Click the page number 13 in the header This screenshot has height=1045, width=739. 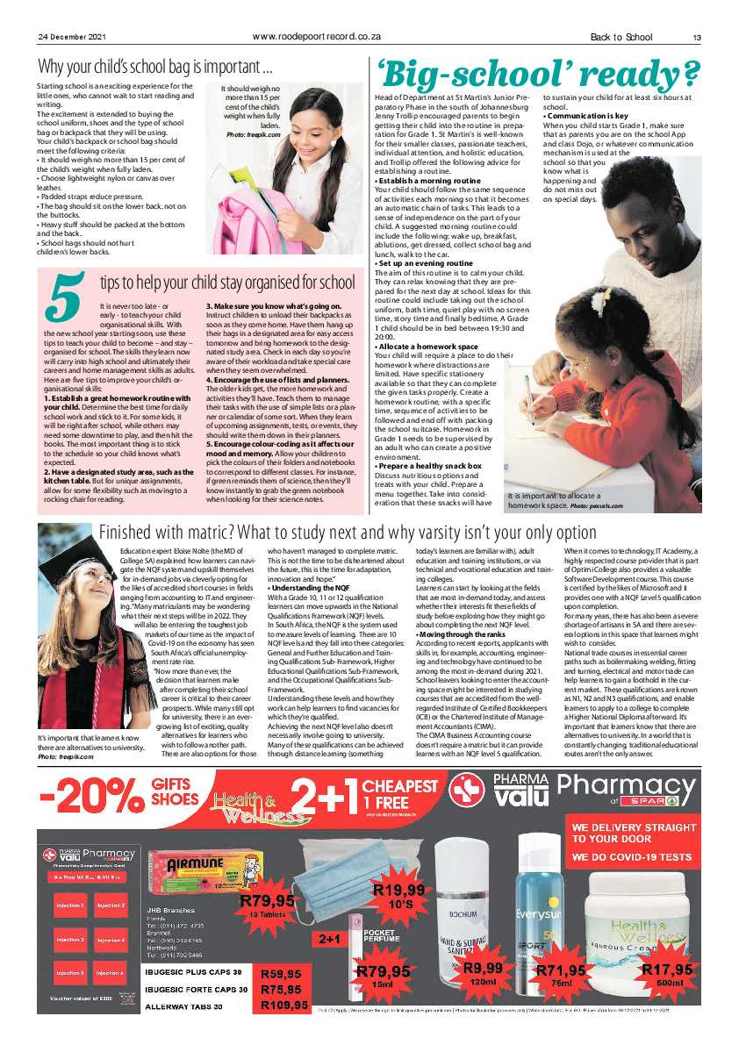[695, 37]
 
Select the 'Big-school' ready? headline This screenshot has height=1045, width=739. [537, 69]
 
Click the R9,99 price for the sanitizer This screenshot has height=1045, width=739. [483, 968]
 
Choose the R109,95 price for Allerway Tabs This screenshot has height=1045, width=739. [283, 1005]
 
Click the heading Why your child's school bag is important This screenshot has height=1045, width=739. [155, 67]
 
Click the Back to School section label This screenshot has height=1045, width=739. [621, 37]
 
